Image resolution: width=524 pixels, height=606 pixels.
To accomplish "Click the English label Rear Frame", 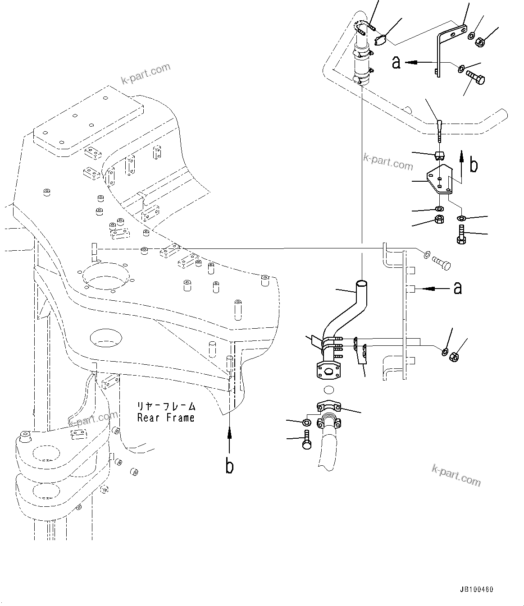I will (x=166, y=418).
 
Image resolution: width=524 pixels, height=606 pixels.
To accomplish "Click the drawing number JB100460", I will (x=477, y=589).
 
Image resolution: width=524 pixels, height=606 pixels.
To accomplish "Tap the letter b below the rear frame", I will (x=229, y=467).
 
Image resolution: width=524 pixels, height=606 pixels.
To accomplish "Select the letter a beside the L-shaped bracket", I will (x=396, y=63).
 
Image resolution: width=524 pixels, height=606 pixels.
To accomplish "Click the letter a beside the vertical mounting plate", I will (x=458, y=287).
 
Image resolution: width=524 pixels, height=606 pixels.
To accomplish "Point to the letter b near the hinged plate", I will (x=473, y=165).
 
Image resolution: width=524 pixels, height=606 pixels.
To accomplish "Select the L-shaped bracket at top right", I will (x=444, y=50).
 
